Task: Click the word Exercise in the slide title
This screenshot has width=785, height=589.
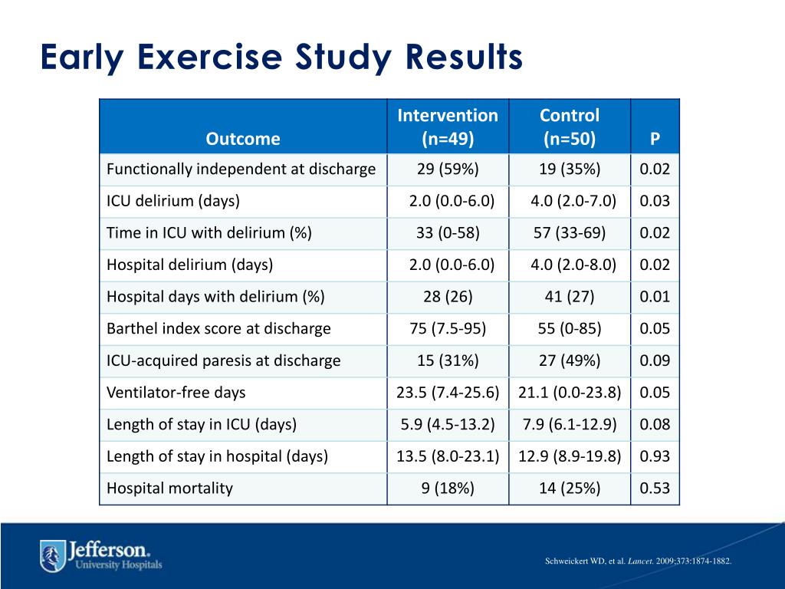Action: pos(209,57)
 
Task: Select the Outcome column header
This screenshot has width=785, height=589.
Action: pos(243,139)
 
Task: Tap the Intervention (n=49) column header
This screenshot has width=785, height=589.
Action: pos(448,127)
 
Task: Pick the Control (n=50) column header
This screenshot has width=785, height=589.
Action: pos(570,127)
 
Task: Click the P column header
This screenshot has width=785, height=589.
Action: pos(655,139)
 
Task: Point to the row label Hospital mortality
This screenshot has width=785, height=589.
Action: pos(169,489)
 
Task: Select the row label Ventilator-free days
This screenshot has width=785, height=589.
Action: pos(176,392)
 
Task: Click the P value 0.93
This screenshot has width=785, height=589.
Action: pos(655,456)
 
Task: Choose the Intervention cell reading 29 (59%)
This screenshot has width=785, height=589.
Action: pos(448,169)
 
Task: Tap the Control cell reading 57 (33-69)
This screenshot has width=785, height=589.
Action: pos(570,233)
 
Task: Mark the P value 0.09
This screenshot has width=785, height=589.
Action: pos(655,360)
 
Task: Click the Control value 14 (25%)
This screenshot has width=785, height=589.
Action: pos(570,489)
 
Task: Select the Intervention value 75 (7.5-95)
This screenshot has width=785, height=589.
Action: pos(448,328)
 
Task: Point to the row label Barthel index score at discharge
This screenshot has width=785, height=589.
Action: pos(218,328)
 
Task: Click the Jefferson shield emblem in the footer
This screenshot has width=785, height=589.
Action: pos(53,556)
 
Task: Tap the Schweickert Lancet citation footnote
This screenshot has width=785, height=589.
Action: pos(639,561)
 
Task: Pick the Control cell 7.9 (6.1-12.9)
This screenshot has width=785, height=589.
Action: pos(570,424)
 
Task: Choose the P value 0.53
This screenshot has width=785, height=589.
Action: pos(655,489)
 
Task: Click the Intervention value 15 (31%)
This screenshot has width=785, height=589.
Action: pos(448,360)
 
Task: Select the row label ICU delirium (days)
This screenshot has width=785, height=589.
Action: pos(173,201)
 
